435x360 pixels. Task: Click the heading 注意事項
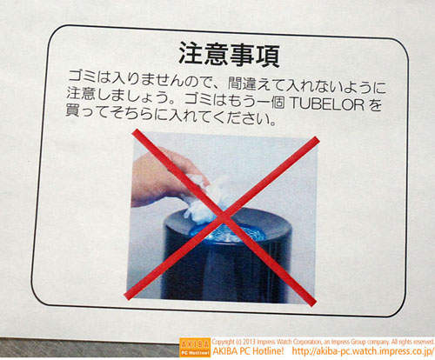229,55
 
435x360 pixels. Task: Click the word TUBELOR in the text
327,104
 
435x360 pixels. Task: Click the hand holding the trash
163,178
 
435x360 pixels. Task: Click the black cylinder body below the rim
226,271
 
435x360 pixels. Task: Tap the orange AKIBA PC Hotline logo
195,347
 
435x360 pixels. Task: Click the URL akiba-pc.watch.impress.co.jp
362,351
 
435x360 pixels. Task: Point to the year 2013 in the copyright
251,342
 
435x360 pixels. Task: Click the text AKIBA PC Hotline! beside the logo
248,351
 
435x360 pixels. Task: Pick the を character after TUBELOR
374,104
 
